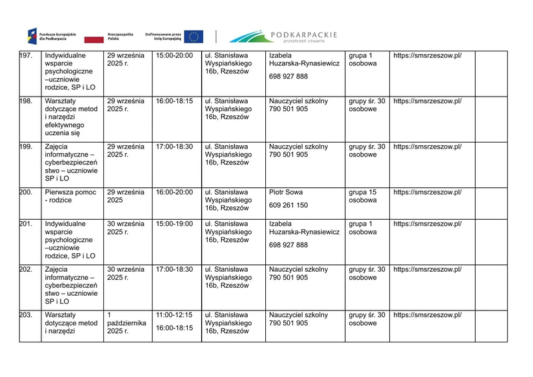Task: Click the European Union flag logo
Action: pyautogui.click(x=194, y=36)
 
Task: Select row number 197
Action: pyautogui.click(x=27, y=55)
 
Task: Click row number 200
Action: pyautogui.click(x=27, y=192)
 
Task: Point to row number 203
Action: pyautogui.click(x=27, y=314)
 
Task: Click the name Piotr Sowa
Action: pyautogui.click(x=286, y=192)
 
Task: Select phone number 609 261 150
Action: pyautogui.click(x=288, y=206)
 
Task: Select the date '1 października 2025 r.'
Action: pyautogui.click(x=127, y=322)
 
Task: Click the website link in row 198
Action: pyautogui.click(x=427, y=101)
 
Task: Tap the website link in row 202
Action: pyautogui.click(x=427, y=269)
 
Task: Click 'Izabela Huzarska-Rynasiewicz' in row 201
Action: pyautogui.click(x=304, y=228)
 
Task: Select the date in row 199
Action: pyautogui.click(x=126, y=151)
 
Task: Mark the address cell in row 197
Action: pyautogui.click(x=229, y=63)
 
